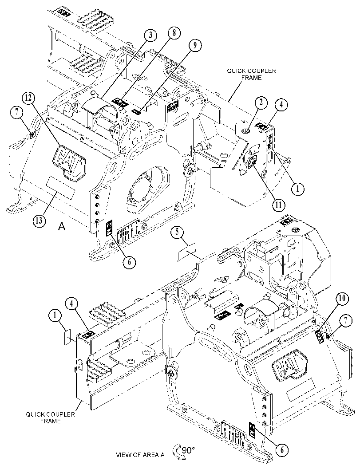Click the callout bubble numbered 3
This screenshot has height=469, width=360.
coord(151,35)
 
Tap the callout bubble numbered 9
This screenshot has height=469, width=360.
coord(194,45)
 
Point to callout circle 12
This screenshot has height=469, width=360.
coord(28,97)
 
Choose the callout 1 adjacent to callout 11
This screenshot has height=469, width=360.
coord(297,189)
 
